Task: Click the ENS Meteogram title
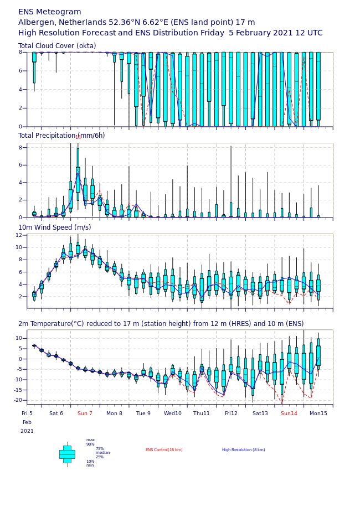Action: click(49, 12)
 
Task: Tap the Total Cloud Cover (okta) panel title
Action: click(57, 46)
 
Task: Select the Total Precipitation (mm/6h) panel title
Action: click(61, 136)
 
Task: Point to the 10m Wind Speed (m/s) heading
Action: click(55, 227)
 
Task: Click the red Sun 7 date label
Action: click(85, 413)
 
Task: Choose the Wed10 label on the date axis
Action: click(173, 413)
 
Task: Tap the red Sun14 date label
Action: click(289, 413)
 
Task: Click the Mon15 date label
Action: click(318, 413)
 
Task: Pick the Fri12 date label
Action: click(231, 413)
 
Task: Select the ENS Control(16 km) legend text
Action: click(164, 450)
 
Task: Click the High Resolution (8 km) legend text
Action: click(244, 450)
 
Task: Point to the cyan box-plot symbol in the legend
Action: click(67, 454)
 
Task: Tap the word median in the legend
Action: click(103, 453)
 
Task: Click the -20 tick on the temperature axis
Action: click(18, 400)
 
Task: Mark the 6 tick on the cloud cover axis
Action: click(20, 71)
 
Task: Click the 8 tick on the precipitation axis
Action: click(20, 147)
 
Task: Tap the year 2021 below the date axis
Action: click(27, 431)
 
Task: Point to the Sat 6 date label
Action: click(56, 413)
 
